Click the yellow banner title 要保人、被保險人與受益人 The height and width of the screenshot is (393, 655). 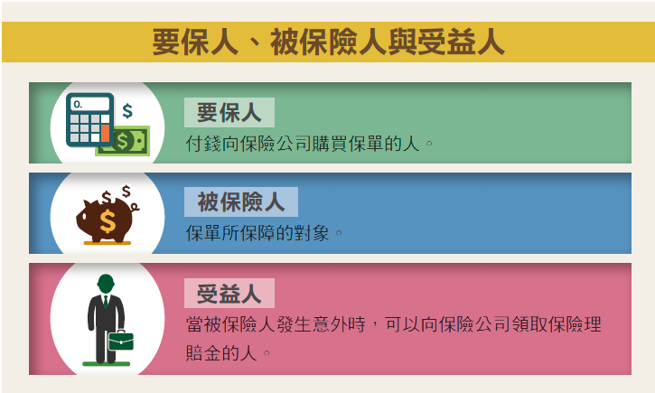pos(328,42)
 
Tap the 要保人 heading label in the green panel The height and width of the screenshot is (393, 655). pos(229,112)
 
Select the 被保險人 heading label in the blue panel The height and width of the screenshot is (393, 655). pos(241,201)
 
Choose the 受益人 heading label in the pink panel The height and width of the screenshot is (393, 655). pos(229,294)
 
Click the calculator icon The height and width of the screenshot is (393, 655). pos(89,120)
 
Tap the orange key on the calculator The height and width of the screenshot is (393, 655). pos(106,133)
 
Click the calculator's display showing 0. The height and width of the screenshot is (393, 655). pos(89,104)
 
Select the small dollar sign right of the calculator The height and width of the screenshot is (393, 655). pos(127,111)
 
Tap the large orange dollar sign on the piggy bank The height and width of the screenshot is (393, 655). pos(108,221)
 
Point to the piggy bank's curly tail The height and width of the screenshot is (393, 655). pos(135,206)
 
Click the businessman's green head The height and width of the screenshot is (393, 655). pos(106,284)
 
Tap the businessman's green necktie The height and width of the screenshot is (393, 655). pos(106,301)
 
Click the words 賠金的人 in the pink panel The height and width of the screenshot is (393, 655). pos(221,353)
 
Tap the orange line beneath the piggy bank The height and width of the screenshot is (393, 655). pos(108,243)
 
